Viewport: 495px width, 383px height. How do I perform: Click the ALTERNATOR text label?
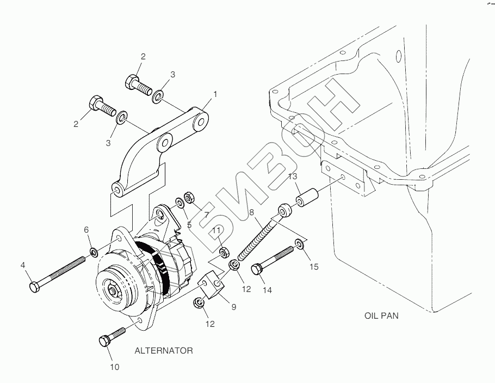pyautogui.click(x=164, y=351)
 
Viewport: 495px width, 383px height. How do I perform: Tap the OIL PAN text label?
pyautogui.click(x=381, y=315)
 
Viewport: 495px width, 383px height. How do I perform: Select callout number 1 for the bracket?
pyautogui.click(x=215, y=94)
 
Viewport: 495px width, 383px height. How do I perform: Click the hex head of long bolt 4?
pyautogui.click(x=34, y=288)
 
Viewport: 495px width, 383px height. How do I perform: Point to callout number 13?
pyautogui.click(x=293, y=176)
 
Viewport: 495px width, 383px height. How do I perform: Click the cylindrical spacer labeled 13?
pyautogui.click(x=306, y=198)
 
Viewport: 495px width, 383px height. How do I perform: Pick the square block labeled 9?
pyautogui.click(x=211, y=284)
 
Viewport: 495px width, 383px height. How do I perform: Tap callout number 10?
pyautogui.click(x=115, y=367)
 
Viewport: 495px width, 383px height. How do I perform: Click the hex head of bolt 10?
pyautogui.click(x=105, y=341)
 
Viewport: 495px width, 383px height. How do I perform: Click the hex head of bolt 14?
pyautogui.click(x=257, y=270)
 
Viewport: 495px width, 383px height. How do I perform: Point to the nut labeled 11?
pyautogui.click(x=224, y=252)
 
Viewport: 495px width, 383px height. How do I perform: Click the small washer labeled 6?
pyautogui.click(x=94, y=253)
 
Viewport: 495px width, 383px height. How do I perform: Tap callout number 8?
pyautogui.click(x=251, y=212)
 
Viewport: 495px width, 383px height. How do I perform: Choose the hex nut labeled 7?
pyautogui.click(x=189, y=198)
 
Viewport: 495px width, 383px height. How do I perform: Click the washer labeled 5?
pyautogui.click(x=180, y=203)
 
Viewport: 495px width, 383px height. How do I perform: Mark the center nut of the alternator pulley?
pyautogui.click(x=113, y=290)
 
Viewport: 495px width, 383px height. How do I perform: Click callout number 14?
pyautogui.click(x=267, y=290)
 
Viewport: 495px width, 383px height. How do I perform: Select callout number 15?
pyautogui.click(x=314, y=267)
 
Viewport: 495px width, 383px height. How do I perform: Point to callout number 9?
pyautogui.click(x=233, y=307)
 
